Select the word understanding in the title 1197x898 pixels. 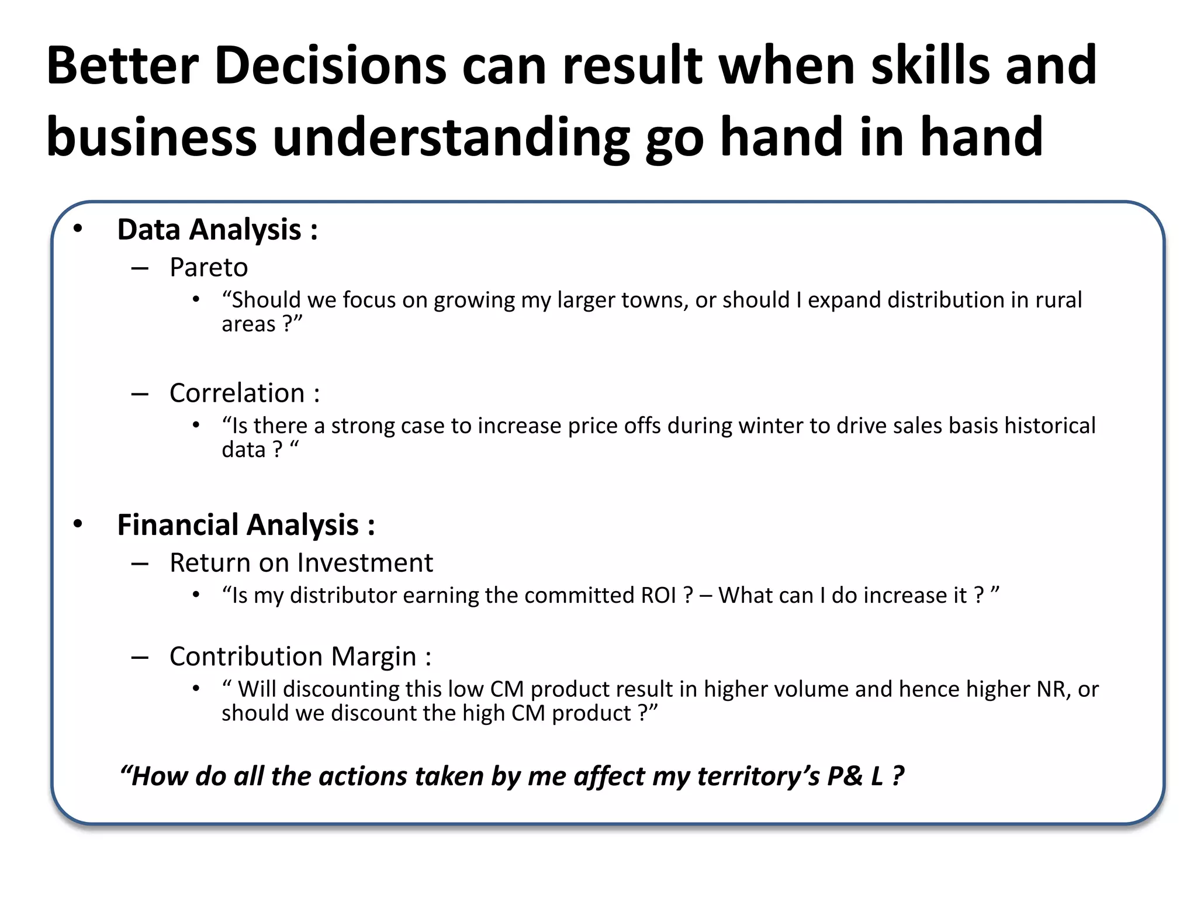(451, 137)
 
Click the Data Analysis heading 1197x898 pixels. (217, 229)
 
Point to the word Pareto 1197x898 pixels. (209, 268)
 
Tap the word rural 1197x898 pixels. (1058, 300)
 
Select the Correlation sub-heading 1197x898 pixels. (244, 393)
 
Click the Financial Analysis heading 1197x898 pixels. (245, 524)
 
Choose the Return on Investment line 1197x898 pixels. (301, 563)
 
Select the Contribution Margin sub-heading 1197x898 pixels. (300, 657)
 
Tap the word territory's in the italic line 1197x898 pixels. (758, 776)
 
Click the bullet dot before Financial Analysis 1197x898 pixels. (78, 524)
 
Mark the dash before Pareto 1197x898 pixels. (140, 268)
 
